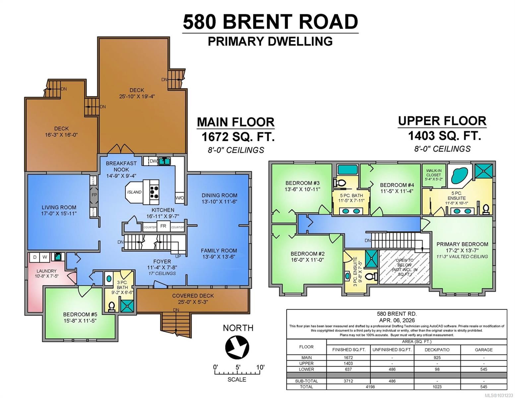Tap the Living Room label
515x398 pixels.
click(59, 210)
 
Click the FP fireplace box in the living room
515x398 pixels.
click(94, 195)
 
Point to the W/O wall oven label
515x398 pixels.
click(179, 198)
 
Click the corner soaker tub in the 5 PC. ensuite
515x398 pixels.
click(459, 175)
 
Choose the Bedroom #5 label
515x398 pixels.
click(80, 317)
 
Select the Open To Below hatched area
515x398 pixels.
click(404, 267)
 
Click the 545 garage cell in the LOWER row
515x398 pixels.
click(483, 369)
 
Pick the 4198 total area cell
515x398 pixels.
click(370, 387)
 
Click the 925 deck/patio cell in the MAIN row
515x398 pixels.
click(437, 358)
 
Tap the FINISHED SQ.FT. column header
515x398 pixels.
click(349, 350)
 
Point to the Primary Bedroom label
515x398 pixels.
click(462, 247)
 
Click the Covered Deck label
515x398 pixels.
click(193, 298)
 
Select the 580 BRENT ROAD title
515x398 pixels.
click(270, 22)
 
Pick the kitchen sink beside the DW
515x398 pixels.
click(163, 161)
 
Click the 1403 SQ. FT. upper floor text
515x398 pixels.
click(444, 136)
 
